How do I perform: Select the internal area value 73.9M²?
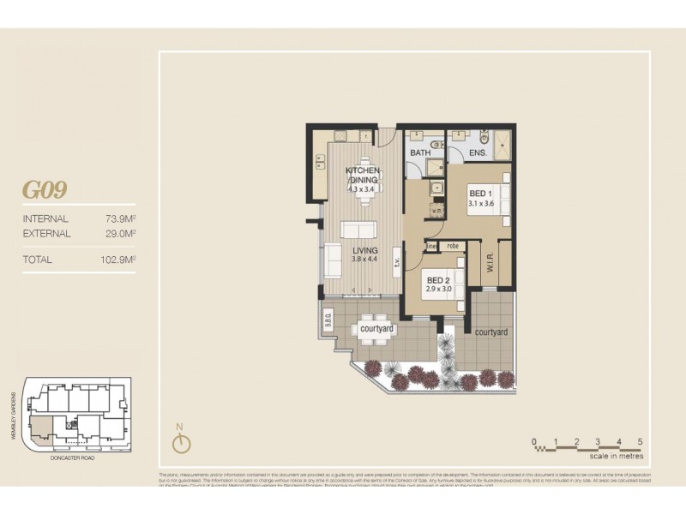coord(121,218)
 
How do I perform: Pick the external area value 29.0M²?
coord(121,232)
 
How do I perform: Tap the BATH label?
coord(420,152)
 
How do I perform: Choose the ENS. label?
coord(478,152)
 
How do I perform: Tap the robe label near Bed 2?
coord(452,246)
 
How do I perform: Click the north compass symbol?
coord(180,442)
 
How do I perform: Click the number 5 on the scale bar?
coord(641,442)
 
